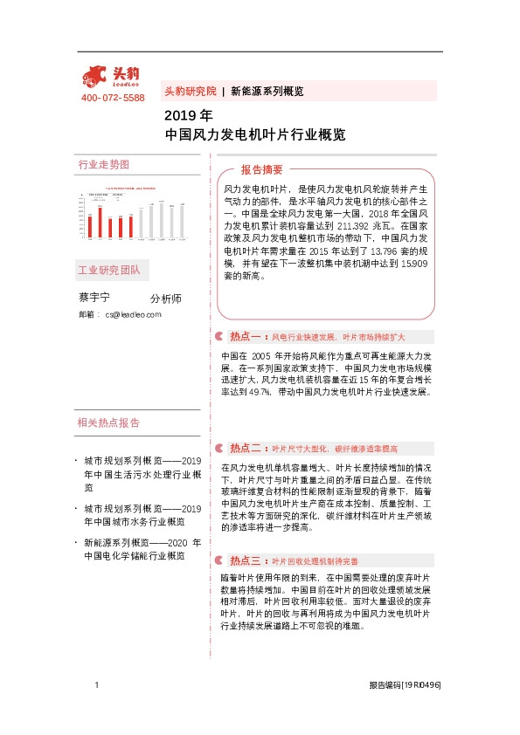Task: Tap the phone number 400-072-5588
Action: tap(112, 98)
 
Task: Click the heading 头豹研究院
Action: tap(190, 91)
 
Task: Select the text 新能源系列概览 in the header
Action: tap(267, 91)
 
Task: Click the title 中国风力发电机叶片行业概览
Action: tap(254, 135)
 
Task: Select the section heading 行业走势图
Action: tap(103, 165)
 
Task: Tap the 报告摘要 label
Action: tap(262, 169)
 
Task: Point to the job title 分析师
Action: tap(166, 299)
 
